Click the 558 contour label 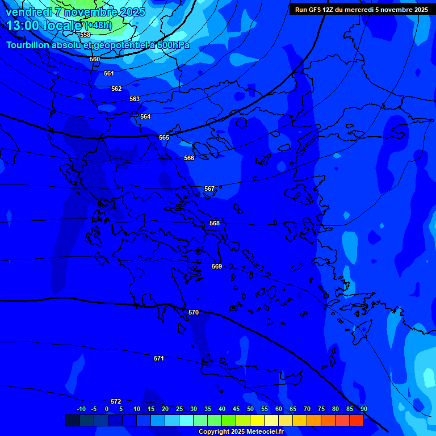coord(85,35)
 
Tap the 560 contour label coord(95,59)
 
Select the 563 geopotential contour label coord(135,99)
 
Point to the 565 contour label coord(164,137)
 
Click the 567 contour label coord(209,188)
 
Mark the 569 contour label coord(217,266)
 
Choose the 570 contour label coord(194,312)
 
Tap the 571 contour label coord(159,358)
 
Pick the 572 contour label coord(116,401)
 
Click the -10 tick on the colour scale coord(81,409)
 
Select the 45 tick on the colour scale coord(236,409)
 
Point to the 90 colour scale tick coord(363,409)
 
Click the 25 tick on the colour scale coord(179,409)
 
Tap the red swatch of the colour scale coord(356,420)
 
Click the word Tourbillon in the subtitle coord(28,45)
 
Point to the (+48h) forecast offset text coord(98,26)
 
